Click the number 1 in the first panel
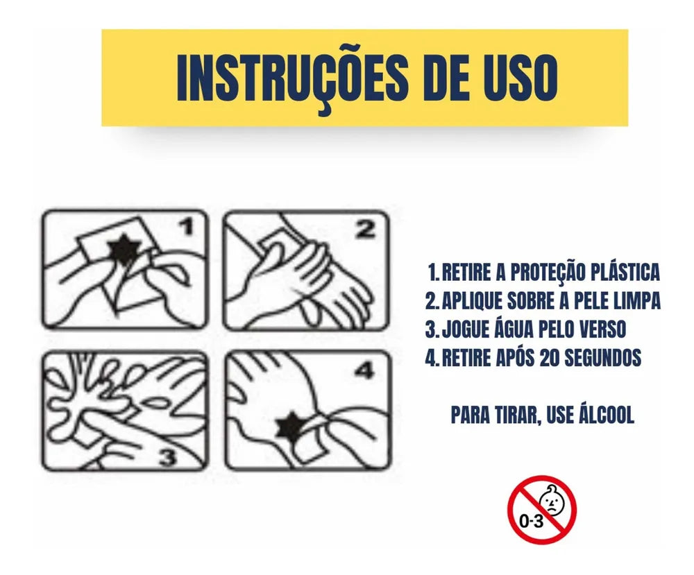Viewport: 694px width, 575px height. point(187,227)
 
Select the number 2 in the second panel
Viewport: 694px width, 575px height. point(366,230)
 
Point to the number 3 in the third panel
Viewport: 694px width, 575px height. point(167,456)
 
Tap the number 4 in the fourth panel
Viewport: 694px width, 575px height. point(366,370)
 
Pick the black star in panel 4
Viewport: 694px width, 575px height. point(291,427)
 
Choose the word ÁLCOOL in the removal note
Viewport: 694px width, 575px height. point(606,415)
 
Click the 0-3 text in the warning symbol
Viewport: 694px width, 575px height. point(531,522)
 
